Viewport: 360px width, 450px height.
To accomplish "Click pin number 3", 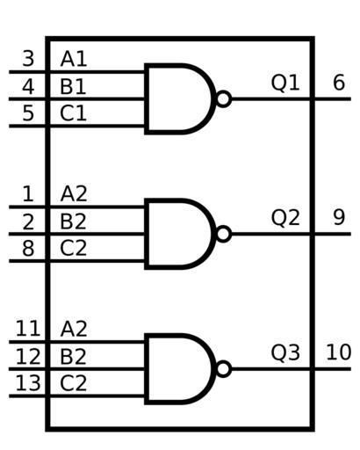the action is [x=28, y=59].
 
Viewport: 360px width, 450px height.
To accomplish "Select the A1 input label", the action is [x=74, y=59].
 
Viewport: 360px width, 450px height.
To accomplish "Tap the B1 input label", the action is [x=73, y=87].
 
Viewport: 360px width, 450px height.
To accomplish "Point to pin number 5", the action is [x=28, y=113].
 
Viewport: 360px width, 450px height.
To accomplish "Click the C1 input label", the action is [x=73, y=113].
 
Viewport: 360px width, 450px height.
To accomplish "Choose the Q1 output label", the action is [x=285, y=83].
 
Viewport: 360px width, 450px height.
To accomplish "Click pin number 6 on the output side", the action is [x=339, y=83].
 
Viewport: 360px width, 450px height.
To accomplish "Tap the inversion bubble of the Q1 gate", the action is [x=224, y=98].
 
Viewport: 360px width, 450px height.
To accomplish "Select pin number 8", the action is [x=28, y=249].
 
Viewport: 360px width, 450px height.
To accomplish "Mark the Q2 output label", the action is [x=285, y=217].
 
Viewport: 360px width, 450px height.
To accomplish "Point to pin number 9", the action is [x=339, y=217].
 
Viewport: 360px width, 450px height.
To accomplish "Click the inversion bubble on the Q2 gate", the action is [x=224, y=234].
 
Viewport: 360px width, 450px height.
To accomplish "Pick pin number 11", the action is [x=28, y=328].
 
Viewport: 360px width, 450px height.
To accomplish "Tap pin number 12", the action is [x=28, y=356].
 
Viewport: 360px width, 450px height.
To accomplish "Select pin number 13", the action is [x=28, y=383].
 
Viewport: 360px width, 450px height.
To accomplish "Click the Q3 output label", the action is [x=285, y=352].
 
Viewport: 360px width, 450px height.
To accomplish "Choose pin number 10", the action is [x=339, y=352].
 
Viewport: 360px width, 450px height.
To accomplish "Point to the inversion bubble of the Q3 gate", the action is [x=224, y=369].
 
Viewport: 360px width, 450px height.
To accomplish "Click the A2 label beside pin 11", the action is [x=74, y=328].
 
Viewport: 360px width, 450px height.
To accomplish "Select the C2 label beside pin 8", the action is [x=73, y=249].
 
